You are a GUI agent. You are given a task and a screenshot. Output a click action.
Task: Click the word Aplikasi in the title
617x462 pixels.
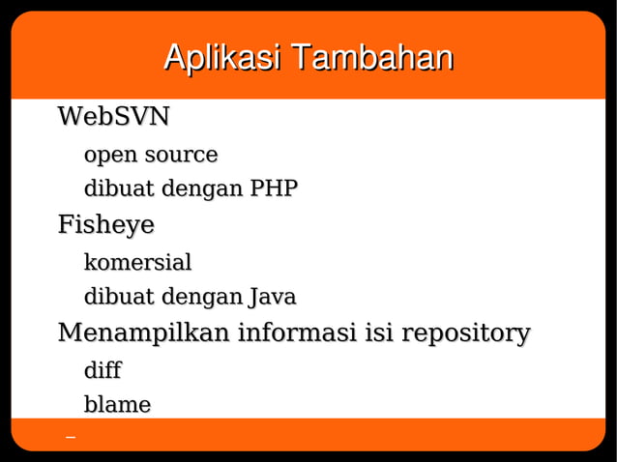tap(221, 58)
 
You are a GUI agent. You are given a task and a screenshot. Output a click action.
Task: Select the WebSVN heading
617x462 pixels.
tap(114, 118)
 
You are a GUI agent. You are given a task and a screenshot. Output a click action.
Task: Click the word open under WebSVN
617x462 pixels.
tap(110, 156)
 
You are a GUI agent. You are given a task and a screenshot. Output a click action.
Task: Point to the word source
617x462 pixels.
tap(181, 155)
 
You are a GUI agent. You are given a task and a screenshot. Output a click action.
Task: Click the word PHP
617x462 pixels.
tap(274, 188)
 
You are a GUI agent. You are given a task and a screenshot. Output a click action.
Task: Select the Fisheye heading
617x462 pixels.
tap(106, 226)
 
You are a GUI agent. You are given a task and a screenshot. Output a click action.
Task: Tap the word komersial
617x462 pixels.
tap(138, 262)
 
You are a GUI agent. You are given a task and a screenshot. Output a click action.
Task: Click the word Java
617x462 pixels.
tap(273, 297)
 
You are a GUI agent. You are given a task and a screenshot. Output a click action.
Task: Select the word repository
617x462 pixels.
tap(466, 334)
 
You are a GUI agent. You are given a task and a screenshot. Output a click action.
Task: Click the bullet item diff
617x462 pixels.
tap(103, 370)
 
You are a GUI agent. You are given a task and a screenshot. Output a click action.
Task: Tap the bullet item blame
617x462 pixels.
tap(118, 405)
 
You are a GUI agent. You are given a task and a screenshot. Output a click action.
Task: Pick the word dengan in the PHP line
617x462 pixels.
tap(201, 189)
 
